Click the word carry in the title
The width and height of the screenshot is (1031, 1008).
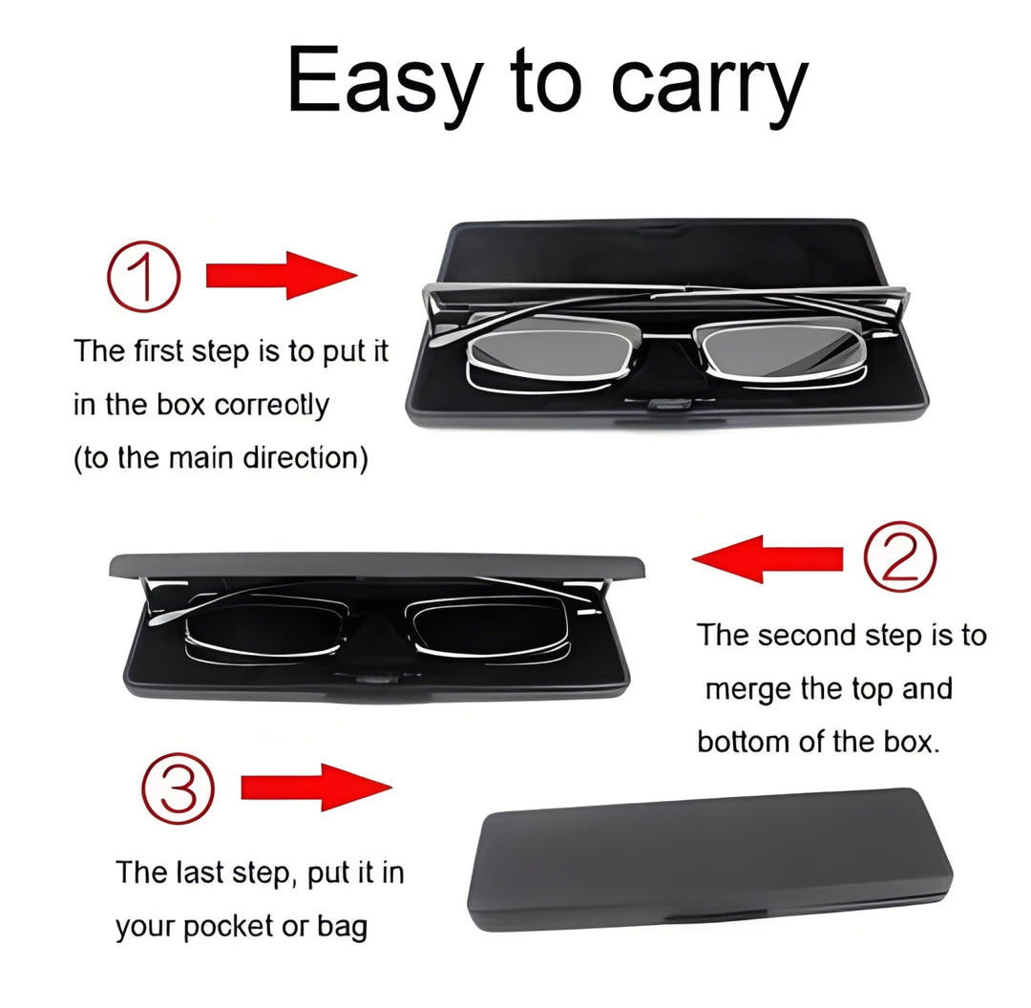(x=708, y=84)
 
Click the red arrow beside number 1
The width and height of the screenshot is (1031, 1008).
(x=281, y=276)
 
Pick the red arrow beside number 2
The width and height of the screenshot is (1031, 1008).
(x=768, y=558)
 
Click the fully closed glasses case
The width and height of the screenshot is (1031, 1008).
(x=711, y=859)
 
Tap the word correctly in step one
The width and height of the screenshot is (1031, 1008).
(x=271, y=405)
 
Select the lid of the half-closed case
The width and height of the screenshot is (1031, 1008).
(x=377, y=564)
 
